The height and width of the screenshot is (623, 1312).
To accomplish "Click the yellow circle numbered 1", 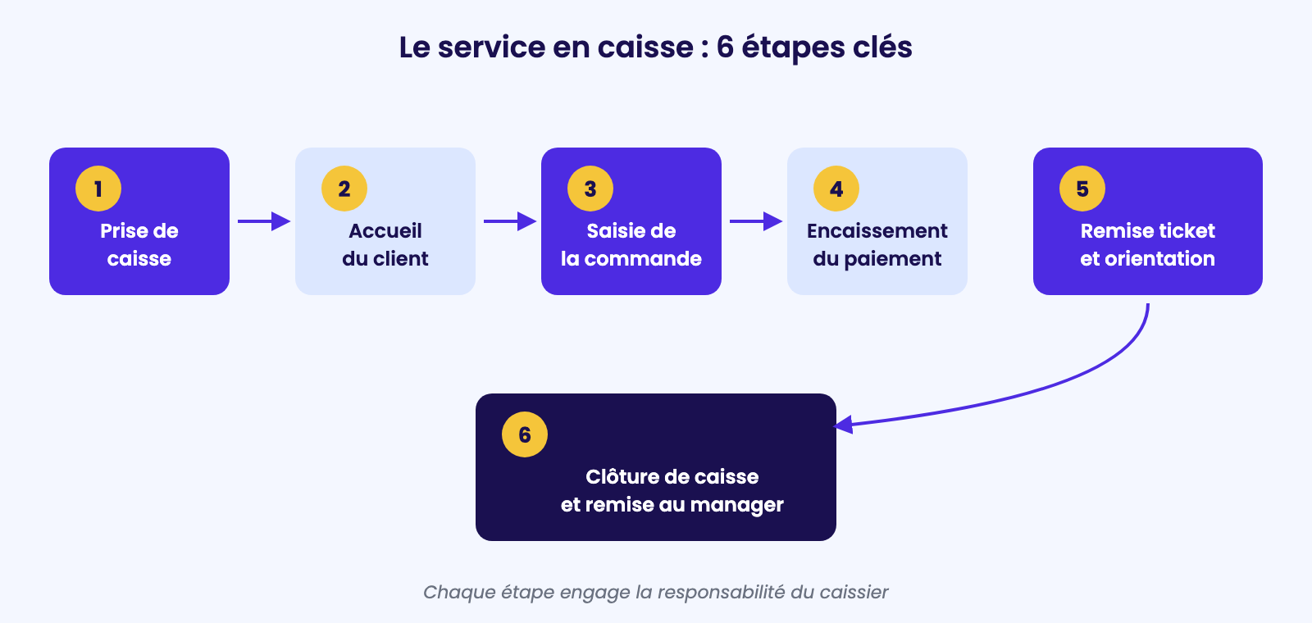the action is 98,189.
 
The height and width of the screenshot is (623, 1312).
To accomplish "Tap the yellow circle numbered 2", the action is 344,189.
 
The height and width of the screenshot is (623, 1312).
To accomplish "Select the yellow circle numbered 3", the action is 590,189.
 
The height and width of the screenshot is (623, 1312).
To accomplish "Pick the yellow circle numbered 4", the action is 836,189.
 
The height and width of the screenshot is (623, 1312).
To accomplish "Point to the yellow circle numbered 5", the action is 1082,189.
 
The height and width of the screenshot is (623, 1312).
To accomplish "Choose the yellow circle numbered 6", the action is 525,434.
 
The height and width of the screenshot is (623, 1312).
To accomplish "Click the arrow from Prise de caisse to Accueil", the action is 264,221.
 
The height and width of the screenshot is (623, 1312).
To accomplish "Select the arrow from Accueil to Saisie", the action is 510,221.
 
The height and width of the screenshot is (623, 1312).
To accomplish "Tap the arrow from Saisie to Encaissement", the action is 756,221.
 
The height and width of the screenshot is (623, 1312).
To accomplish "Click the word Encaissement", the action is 877,230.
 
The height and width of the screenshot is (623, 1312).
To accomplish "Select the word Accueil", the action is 385,230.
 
